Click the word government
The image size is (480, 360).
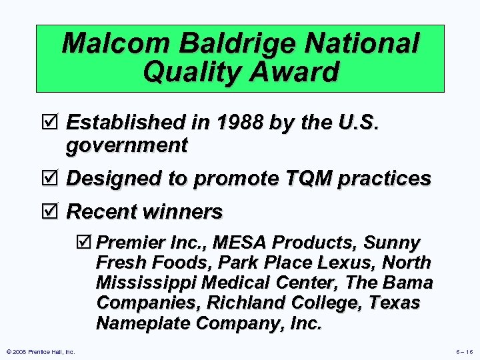click(x=127, y=144)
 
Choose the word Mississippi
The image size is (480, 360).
click(x=145, y=283)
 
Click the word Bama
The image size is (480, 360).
click(x=408, y=283)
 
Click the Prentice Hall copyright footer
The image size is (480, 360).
click(x=40, y=351)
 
